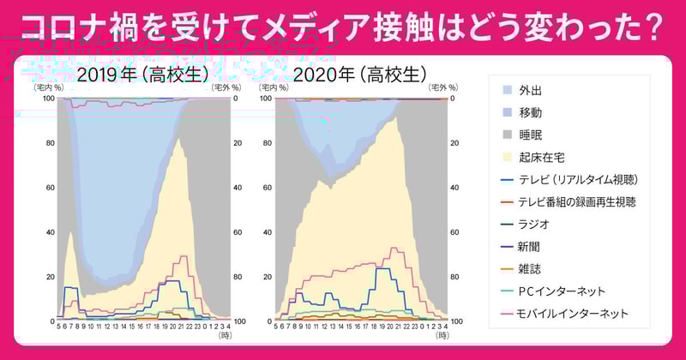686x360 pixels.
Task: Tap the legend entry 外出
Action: point(530,90)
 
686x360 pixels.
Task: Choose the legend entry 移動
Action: point(530,112)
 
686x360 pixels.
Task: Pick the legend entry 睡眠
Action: point(530,135)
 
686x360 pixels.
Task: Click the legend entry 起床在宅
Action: point(541,158)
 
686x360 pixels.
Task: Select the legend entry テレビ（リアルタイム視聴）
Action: point(578,180)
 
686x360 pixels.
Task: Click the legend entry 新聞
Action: point(530,247)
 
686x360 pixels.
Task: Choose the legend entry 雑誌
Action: point(530,269)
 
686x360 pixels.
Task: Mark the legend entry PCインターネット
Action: point(562,291)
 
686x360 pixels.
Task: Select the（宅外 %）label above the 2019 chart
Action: point(226,87)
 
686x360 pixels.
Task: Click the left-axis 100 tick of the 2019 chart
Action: point(48,98)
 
